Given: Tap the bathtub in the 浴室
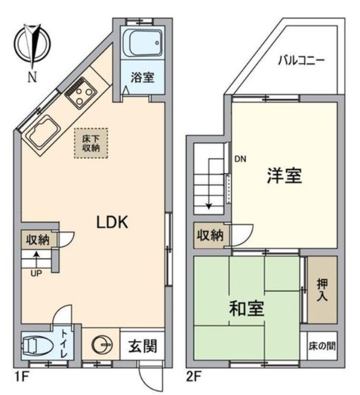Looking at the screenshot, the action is [146, 43].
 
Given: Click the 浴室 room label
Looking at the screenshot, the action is [142, 78].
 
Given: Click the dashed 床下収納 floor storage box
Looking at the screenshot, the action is [91, 143].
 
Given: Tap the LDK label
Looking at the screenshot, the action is [112, 221].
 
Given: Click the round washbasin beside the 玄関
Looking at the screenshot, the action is [102, 345].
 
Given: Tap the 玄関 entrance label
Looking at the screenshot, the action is [143, 346].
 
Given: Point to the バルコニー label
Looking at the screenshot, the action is [301, 60].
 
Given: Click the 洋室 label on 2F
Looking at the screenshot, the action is [284, 175].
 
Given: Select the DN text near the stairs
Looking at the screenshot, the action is [240, 159].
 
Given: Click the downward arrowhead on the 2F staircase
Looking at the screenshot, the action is [209, 206].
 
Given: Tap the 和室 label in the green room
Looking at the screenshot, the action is [247, 309].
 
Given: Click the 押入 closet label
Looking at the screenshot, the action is [322, 290].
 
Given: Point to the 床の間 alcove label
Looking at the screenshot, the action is [322, 346].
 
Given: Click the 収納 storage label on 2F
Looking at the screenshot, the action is [210, 235].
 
